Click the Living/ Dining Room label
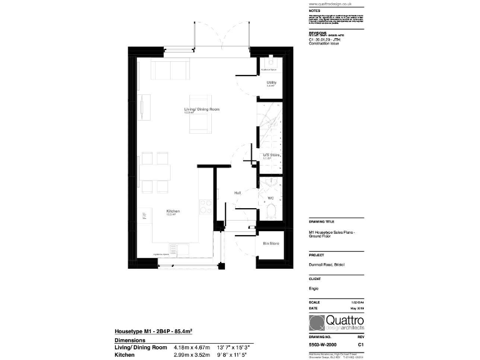click(x=202, y=109)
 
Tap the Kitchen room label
click(x=173, y=211)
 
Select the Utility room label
click(x=271, y=82)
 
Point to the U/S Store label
click(x=271, y=155)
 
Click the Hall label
click(x=238, y=193)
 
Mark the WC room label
click(x=271, y=198)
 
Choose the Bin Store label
click(x=271, y=242)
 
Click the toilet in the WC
click(x=271, y=214)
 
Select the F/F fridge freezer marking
click(x=144, y=217)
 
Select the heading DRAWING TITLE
click(x=321, y=222)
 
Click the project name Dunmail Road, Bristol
click(x=328, y=265)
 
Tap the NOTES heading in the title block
click(x=314, y=11)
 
